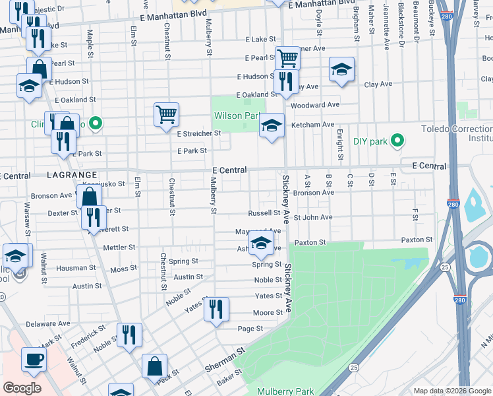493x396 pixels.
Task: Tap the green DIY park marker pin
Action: [x=397, y=141]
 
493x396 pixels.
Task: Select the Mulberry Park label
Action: [x=285, y=391]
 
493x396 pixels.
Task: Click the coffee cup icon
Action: [x=34, y=360]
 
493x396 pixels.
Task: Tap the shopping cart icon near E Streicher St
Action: [x=167, y=114]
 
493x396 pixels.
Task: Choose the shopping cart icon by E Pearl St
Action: [x=287, y=57]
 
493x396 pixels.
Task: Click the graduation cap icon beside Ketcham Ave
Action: [x=271, y=125]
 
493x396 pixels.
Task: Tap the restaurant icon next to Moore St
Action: [x=216, y=309]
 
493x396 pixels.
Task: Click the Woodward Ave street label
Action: [x=314, y=105]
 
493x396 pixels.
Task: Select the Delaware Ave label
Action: [x=48, y=324]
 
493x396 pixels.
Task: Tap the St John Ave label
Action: [x=313, y=217]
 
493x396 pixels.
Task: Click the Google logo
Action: [x=22, y=388]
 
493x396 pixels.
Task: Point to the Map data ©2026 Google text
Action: [x=451, y=391]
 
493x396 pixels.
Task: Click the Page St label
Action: [x=250, y=329]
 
